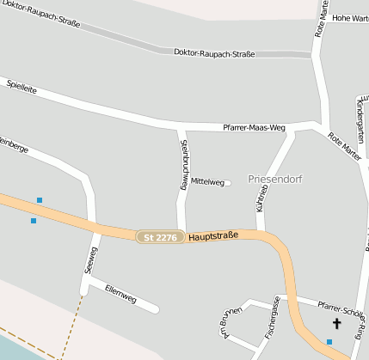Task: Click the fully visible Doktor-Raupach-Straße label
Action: click(x=214, y=53)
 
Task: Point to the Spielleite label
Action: click(x=22, y=88)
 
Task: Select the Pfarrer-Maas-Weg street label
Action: click(x=254, y=127)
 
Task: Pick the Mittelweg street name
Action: click(x=207, y=182)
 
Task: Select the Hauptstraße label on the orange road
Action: click(x=212, y=235)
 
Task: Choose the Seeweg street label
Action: click(x=91, y=260)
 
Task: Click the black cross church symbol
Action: click(x=336, y=324)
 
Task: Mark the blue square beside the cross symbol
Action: click(x=329, y=342)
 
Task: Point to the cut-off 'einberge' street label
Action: click(x=15, y=149)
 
